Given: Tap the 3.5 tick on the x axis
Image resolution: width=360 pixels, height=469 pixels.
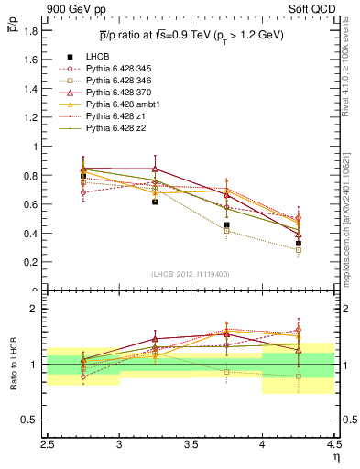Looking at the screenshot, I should click(191, 443).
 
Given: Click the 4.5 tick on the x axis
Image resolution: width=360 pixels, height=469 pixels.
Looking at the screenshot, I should click(333, 443).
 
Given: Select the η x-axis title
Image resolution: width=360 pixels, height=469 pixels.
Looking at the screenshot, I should click(336, 455).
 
